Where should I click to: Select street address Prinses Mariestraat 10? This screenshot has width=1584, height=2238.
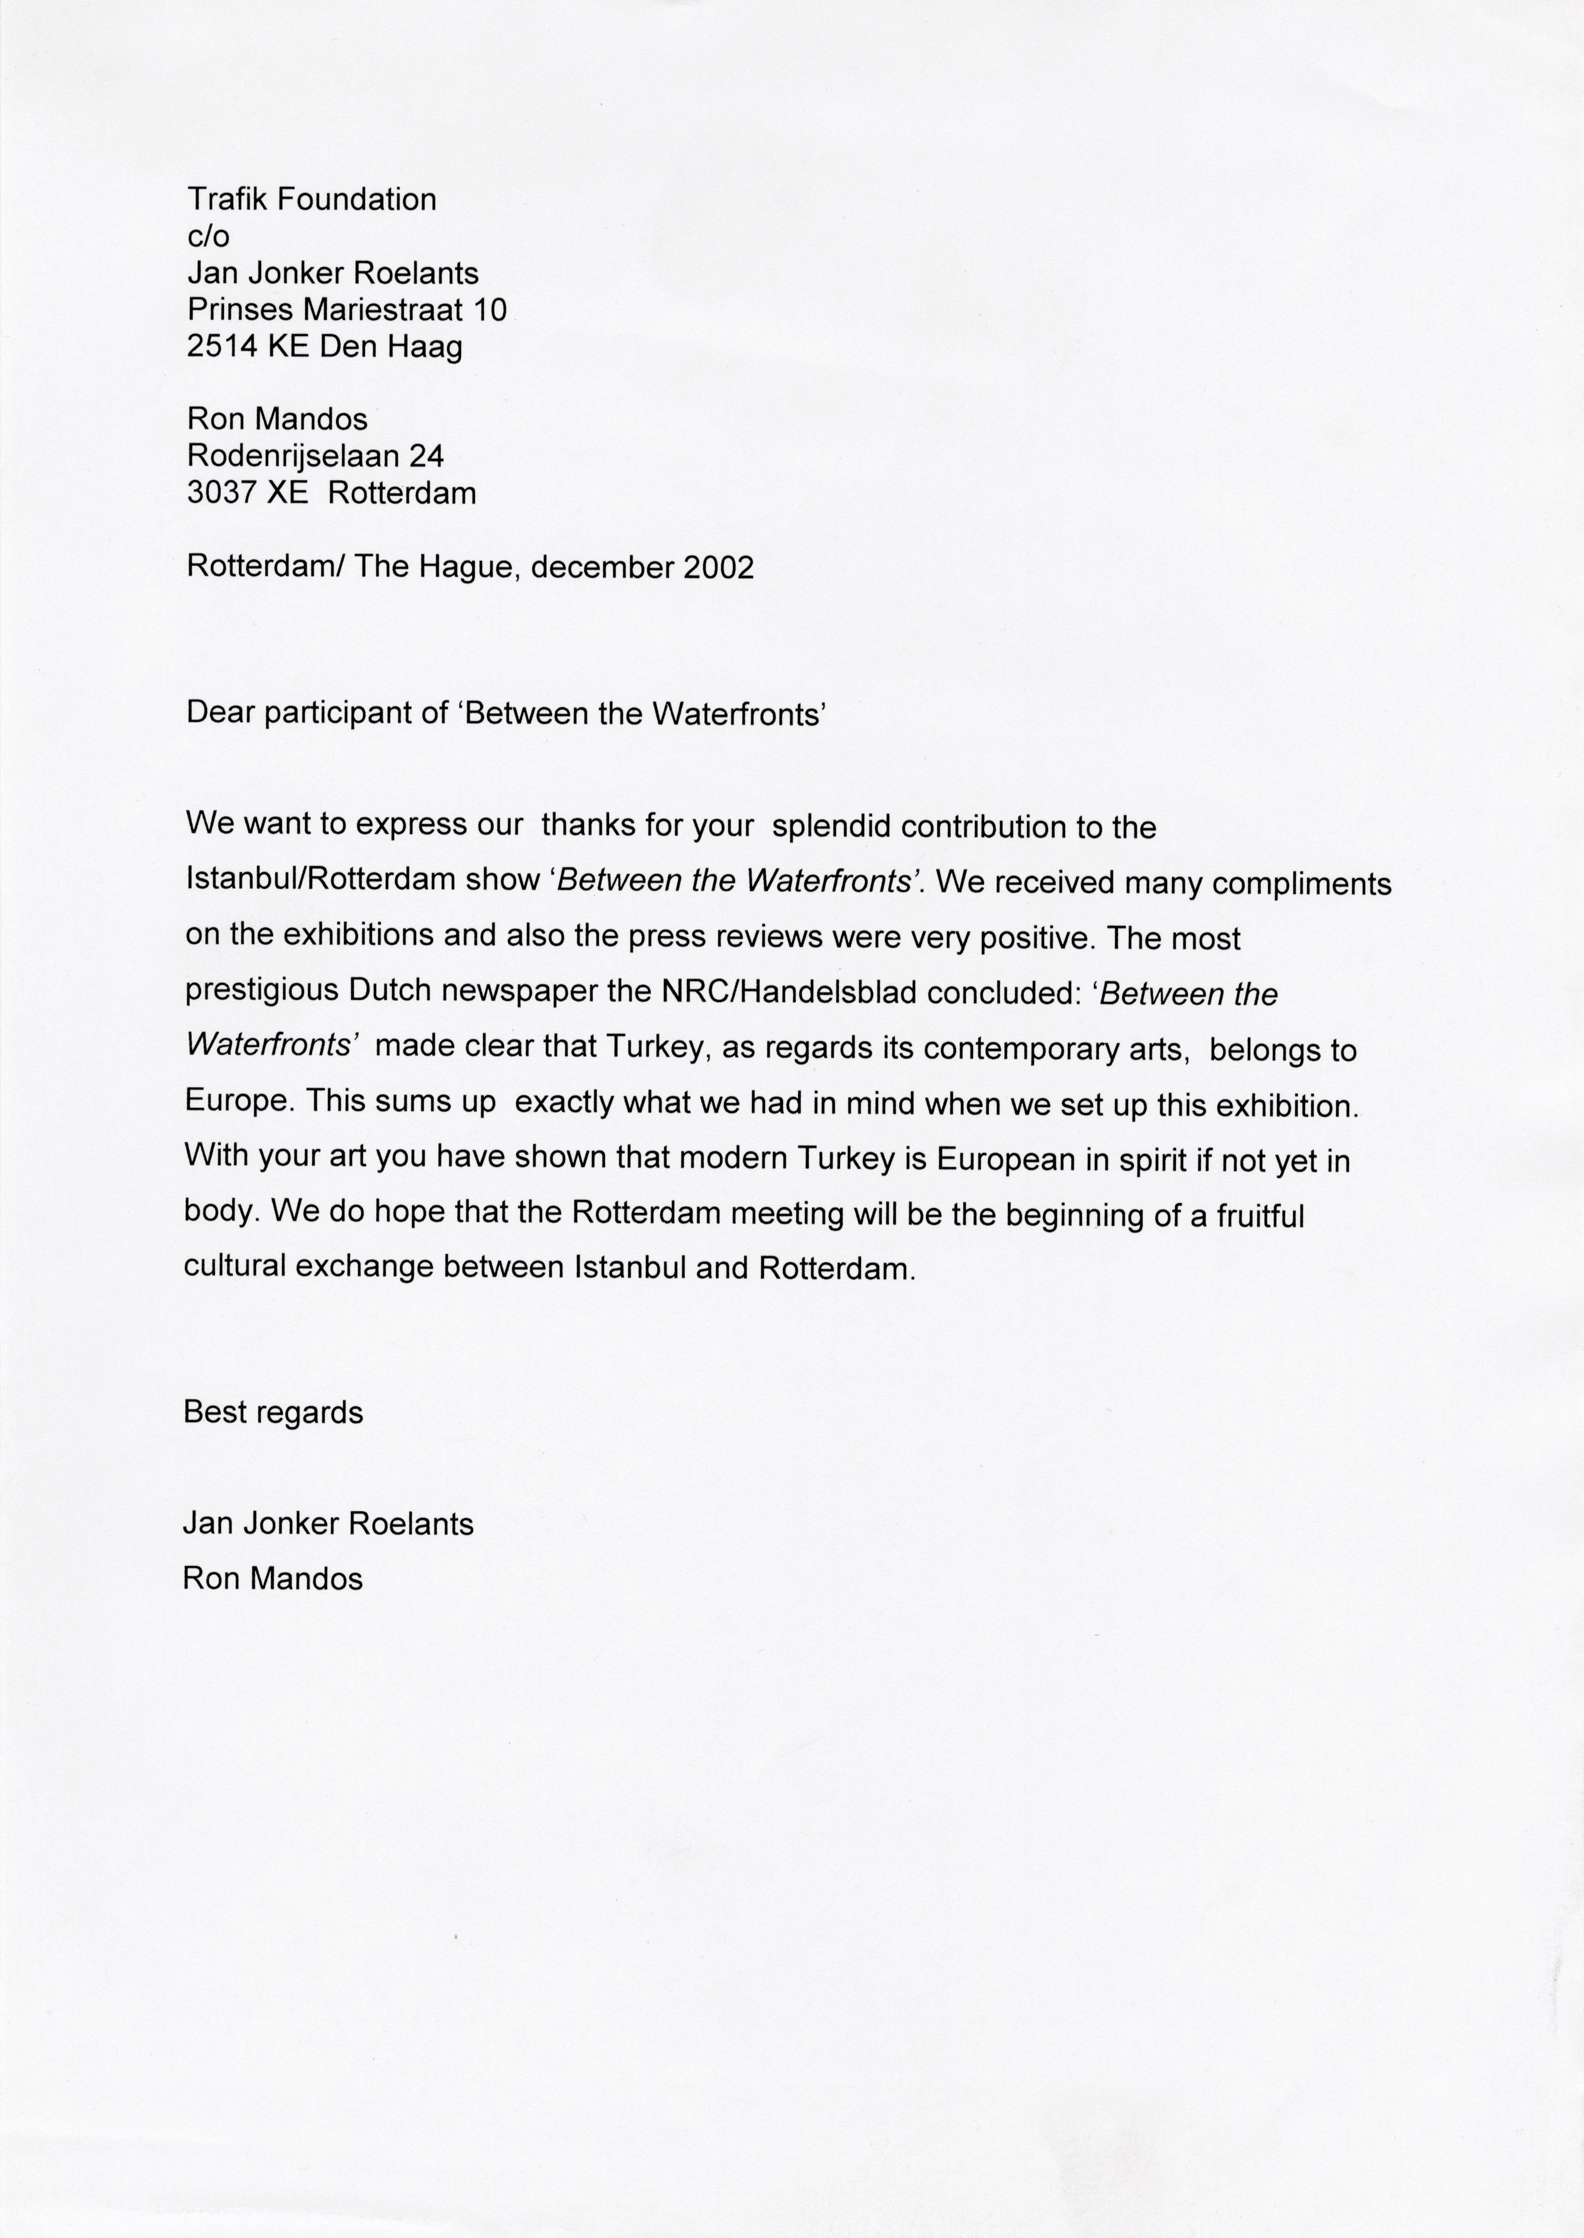coord(346,310)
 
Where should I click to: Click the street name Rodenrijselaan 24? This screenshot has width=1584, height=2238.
coord(315,456)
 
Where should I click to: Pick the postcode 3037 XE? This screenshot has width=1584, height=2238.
coord(247,493)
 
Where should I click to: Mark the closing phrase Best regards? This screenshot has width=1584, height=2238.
coord(273,1413)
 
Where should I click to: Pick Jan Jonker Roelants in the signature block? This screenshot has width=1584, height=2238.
coord(328,1524)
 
